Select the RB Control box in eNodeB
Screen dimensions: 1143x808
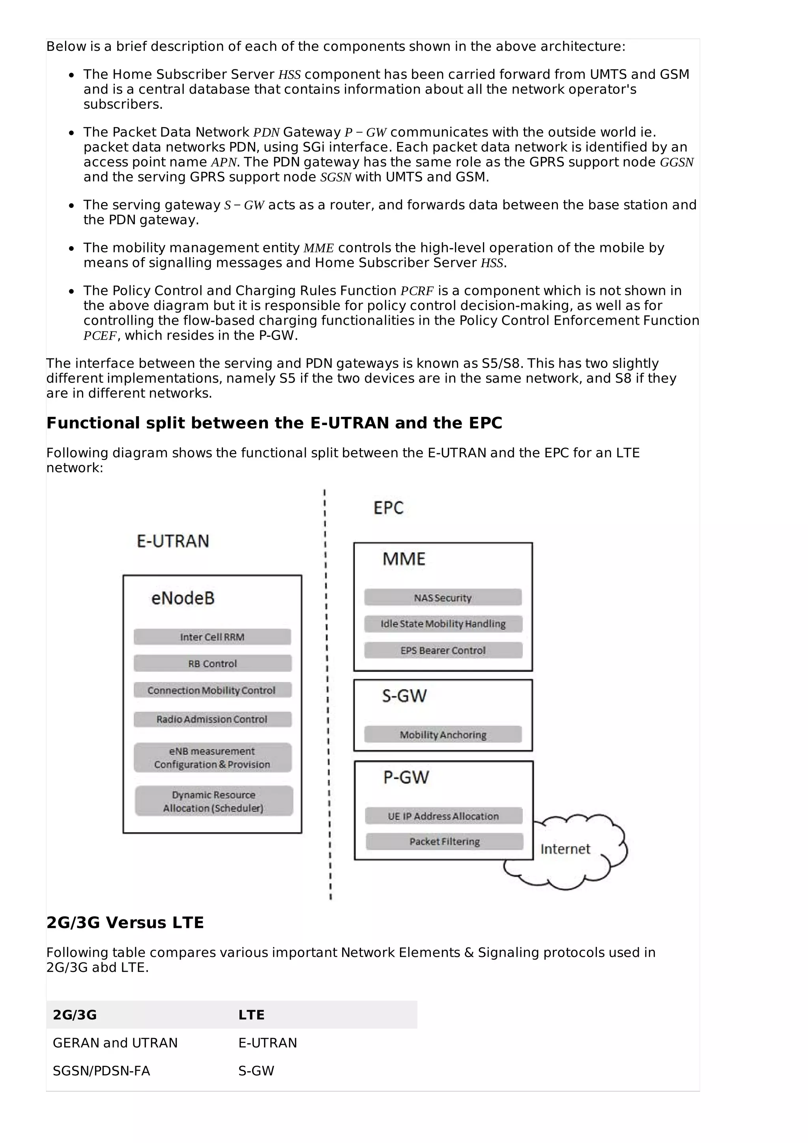(x=212, y=664)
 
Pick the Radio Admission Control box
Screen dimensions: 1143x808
(x=212, y=719)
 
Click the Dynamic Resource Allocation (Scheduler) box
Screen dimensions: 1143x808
(x=213, y=801)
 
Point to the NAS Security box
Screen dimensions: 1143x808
(x=443, y=598)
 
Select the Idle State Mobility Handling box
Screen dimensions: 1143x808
(x=443, y=624)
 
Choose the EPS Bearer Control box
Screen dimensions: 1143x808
(x=443, y=650)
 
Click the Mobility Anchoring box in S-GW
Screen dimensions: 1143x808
(x=443, y=735)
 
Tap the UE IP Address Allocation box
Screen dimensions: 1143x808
(x=443, y=816)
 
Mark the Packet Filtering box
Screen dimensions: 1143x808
(x=444, y=841)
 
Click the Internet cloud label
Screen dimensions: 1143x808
(x=565, y=849)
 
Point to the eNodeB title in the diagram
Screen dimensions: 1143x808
(x=183, y=598)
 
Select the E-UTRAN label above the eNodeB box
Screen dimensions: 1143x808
(x=173, y=541)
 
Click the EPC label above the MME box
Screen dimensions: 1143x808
(x=388, y=508)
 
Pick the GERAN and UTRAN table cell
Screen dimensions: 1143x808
(x=115, y=1043)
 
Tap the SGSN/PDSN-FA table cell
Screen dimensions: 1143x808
(x=101, y=1071)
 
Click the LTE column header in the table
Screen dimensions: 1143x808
(x=251, y=1014)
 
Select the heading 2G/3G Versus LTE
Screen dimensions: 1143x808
(x=125, y=923)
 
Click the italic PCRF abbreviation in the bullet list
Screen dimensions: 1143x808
(x=417, y=291)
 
